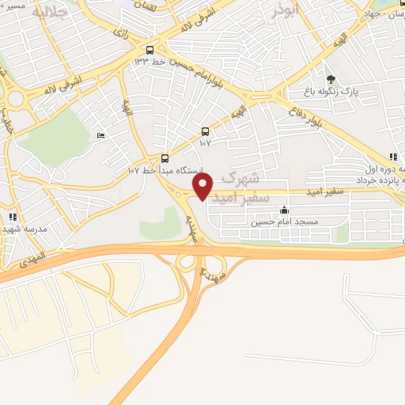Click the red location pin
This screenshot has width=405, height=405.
click(x=203, y=186)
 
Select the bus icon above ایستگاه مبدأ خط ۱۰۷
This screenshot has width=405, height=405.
click(x=165, y=158)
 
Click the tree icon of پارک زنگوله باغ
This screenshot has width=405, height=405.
click(x=331, y=79)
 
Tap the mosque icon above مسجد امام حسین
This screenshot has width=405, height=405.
click(x=284, y=210)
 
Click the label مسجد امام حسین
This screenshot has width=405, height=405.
click(x=284, y=222)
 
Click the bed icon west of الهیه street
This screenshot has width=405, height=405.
click(x=100, y=136)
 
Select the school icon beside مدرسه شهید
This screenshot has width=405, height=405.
click(x=11, y=216)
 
